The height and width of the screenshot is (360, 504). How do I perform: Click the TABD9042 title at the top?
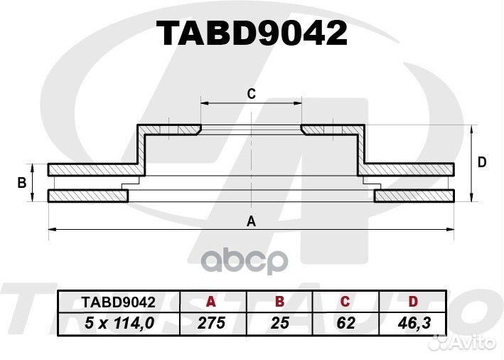[x=252, y=33]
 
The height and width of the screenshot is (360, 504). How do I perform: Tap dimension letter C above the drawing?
[x=251, y=94]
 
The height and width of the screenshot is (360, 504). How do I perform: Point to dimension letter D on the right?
[x=481, y=162]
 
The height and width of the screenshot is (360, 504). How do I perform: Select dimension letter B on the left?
[x=22, y=183]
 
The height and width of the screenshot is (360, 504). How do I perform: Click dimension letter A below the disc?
[x=250, y=221]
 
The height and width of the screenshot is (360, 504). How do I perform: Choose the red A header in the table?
[x=211, y=302]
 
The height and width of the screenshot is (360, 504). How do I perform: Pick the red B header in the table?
[x=279, y=302]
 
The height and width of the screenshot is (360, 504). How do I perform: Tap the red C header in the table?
[x=345, y=302]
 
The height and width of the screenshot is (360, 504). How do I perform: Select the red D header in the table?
[x=413, y=302]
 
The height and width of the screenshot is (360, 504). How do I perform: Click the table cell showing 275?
[x=211, y=323]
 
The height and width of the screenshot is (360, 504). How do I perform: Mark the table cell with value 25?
[x=279, y=323]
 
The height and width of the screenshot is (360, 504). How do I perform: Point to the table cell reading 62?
[x=345, y=323]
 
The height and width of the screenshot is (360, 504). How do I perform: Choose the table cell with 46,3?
[x=413, y=323]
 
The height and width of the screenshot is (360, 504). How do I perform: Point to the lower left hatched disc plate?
[x=87, y=196]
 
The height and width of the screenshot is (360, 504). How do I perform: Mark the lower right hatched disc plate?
[x=414, y=196]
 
